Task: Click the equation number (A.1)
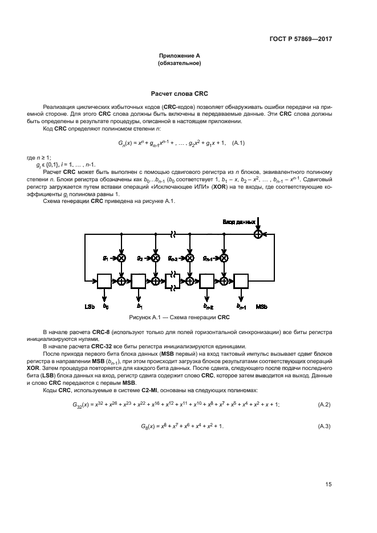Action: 235,143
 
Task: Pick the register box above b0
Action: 104,280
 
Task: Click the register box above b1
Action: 139,280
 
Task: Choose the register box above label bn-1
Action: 241,280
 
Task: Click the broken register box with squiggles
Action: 172,280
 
